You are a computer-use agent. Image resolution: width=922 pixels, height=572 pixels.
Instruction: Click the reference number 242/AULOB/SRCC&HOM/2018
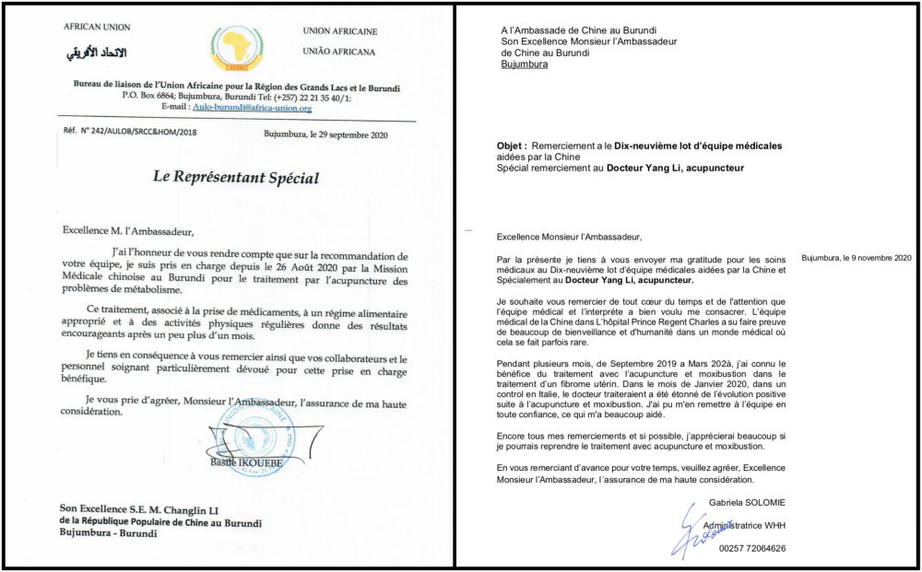click(140, 133)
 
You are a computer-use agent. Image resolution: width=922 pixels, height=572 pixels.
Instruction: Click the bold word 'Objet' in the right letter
click(510, 146)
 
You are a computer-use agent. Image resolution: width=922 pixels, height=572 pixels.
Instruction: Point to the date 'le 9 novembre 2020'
click(869, 256)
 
